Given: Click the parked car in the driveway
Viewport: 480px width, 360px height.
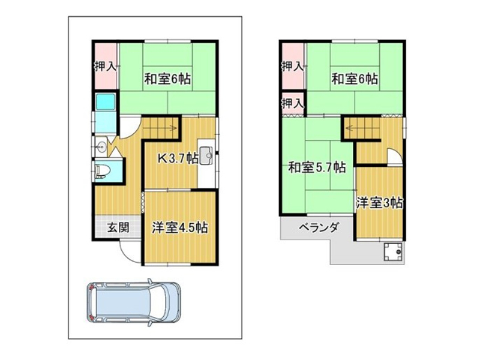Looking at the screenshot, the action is (x=134, y=302).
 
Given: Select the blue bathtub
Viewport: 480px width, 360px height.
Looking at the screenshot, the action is (x=106, y=101).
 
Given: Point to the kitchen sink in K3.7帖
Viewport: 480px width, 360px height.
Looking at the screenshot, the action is (x=206, y=156).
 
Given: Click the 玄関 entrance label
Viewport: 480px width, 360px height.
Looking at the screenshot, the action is (x=118, y=227).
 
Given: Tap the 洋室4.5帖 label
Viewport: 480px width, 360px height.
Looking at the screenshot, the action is (x=180, y=228).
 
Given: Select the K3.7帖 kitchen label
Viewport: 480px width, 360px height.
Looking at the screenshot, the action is (x=177, y=158).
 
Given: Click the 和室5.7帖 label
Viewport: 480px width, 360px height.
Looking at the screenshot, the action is (x=317, y=167).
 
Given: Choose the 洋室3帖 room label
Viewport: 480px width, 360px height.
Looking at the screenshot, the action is (x=379, y=203).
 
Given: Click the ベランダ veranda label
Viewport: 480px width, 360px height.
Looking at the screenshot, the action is (x=319, y=227).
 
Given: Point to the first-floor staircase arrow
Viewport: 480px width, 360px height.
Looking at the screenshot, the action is (x=161, y=128).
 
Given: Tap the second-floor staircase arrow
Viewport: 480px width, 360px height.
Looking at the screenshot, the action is (x=362, y=128).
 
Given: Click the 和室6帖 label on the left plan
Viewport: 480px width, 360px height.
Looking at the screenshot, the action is (x=167, y=79).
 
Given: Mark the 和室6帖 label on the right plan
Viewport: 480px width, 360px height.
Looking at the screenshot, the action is (x=355, y=79).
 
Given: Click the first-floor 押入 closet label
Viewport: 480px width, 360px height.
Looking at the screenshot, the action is (x=106, y=66).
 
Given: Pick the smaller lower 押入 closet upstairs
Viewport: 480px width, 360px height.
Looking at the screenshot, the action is (x=293, y=103).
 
